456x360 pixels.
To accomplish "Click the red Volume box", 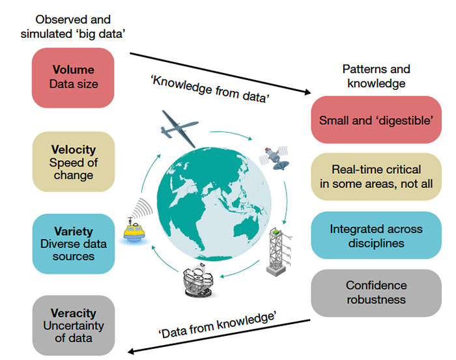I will [72, 77].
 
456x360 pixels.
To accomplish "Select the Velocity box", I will [72, 161].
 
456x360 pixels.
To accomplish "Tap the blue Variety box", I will [72, 242].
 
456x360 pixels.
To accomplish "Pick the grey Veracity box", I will [72, 324].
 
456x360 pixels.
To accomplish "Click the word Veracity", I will [72, 313].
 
